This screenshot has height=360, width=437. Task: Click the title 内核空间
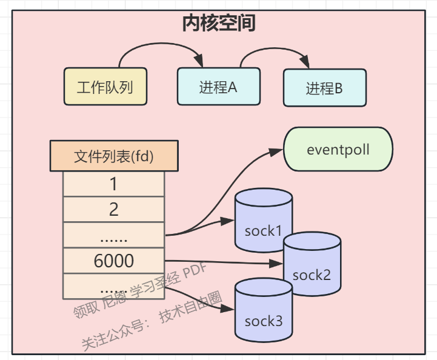pos(218,23)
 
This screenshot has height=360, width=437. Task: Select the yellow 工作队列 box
pos(105,87)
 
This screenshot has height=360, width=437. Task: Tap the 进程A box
pos(218,87)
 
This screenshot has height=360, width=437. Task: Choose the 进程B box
pos(324,88)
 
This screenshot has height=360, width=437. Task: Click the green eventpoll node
pos(338,149)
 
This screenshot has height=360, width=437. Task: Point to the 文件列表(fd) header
pos(113,156)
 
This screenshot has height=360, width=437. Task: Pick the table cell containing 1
pos(113,184)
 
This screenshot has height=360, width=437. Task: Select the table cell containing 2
pos(113,210)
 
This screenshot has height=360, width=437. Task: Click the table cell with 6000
pos(113,261)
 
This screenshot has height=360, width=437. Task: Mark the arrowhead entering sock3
pos(229,310)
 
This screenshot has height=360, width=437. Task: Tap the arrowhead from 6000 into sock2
pos(278,264)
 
